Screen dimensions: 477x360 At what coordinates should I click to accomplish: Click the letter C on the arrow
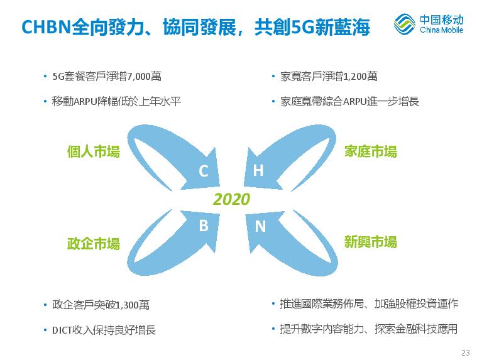204,170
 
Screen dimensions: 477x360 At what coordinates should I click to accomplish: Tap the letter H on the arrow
258,170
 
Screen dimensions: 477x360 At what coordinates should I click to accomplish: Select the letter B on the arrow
204,226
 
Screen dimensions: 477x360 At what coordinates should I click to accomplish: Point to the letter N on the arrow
260,226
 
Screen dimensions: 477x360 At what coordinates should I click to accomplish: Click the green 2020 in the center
232,199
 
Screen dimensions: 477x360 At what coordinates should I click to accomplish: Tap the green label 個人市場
94,151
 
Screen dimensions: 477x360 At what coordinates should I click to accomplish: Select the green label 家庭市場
371,151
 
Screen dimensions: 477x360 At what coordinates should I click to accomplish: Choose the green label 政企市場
94,244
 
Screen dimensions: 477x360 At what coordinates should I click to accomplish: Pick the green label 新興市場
371,243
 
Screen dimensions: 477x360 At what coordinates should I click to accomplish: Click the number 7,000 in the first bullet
139,76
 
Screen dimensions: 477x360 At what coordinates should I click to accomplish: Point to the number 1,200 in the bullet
354,76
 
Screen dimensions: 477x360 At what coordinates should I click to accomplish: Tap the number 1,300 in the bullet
127,305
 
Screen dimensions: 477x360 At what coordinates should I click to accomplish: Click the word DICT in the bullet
62,330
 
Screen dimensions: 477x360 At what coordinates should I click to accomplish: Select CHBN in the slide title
47,27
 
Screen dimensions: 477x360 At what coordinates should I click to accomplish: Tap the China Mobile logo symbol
405,23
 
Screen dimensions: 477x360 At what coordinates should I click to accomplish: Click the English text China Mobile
441,30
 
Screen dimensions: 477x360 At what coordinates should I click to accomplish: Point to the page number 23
466,352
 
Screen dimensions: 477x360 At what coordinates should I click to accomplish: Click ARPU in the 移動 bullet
85,101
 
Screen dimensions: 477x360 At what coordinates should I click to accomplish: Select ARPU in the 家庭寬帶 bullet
354,101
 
